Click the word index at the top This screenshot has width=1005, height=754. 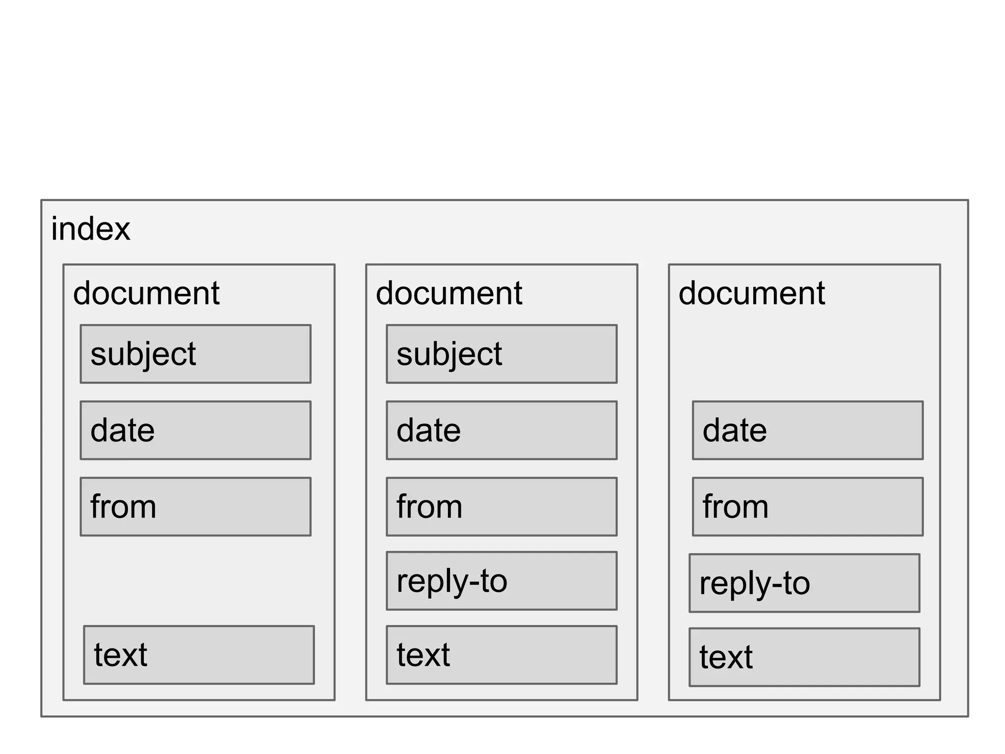[91, 229]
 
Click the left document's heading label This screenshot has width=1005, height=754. [146, 293]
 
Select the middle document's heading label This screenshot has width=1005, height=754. [449, 293]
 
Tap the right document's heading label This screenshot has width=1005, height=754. [752, 293]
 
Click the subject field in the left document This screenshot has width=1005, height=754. [195, 354]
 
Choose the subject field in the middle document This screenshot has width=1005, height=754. [502, 354]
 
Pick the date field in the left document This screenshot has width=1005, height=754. [195, 431]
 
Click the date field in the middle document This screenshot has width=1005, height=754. [502, 431]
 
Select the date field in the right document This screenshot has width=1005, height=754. [808, 431]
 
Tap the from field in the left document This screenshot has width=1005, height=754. [195, 507]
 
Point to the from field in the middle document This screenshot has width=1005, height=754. [502, 507]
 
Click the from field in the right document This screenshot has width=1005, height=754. [808, 507]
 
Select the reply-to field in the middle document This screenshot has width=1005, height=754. [502, 581]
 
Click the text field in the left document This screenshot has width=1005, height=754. [199, 655]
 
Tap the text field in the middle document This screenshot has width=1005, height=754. [502, 655]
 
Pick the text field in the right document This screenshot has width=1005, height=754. [804, 657]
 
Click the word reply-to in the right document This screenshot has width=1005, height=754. [754, 584]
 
